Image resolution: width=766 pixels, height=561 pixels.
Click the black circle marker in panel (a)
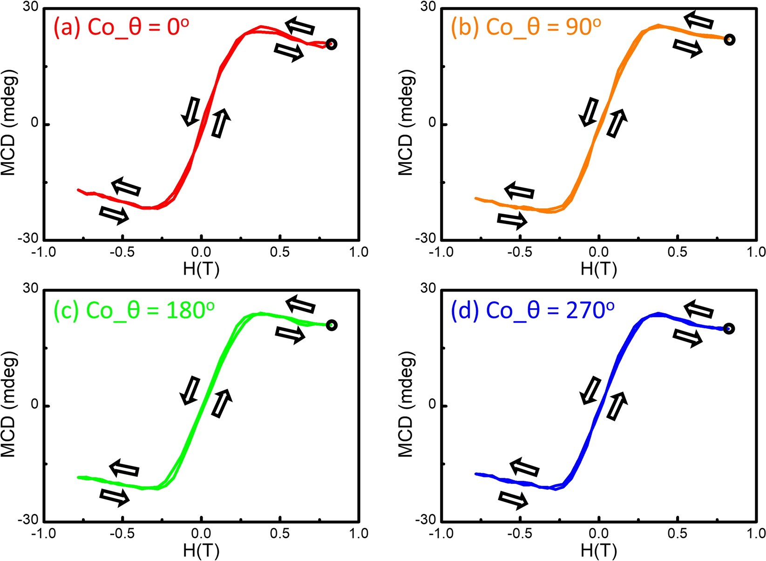[331, 44]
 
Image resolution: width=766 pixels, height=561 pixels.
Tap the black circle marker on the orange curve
[730, 40]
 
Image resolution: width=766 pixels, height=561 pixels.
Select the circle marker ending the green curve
[332, 325]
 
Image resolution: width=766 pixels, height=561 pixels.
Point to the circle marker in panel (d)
[729, 329]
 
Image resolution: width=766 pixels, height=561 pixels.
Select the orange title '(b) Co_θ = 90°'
[526, 26]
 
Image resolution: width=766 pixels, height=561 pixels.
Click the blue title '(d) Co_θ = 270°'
[532, 310]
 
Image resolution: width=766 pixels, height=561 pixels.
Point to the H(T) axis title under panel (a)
[201, 269]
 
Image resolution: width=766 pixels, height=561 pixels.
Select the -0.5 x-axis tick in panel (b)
[520, 252]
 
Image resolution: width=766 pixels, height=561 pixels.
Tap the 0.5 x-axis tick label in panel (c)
[279, 534]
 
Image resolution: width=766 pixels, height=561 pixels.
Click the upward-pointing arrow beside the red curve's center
[221, 123]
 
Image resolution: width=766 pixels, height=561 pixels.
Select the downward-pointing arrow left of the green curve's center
[190, 391]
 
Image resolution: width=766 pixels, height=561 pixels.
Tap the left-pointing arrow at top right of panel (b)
[698, 20]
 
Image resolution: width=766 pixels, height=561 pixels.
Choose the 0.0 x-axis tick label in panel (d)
[599, 534]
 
